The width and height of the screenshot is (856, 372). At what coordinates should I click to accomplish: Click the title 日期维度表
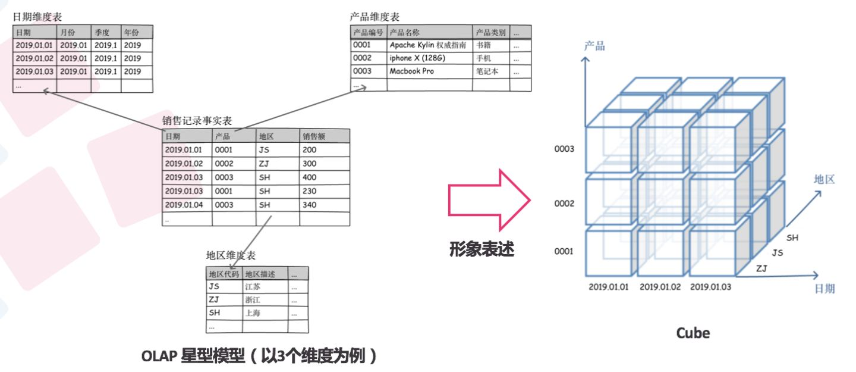pyautogui.click(x=37, y=18)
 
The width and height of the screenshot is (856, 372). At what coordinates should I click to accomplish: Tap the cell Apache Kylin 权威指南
pyautogui.click(x=427, y=45)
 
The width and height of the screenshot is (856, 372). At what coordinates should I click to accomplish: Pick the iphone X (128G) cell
pyautogui.click(x=417, y=58)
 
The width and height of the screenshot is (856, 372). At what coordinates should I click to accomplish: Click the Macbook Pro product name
pyautogui.click(x=411, y=71)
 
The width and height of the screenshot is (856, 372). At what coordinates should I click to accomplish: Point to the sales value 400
pyautogui.click(x=309, y=177)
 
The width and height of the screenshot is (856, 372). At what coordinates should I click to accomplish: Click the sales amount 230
pyautogui.click(x=309, y=191)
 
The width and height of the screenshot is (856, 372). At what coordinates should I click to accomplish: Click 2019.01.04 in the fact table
pyautogui.click(x=184, y=205)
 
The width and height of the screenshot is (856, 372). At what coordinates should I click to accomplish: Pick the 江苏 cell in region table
pyautogui.click(x=253, y=287)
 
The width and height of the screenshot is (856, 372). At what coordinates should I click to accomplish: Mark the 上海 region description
pyautogui.click(x=253, y=313)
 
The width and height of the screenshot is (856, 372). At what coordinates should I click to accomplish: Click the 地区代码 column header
pyautogui.click(x=224, y=274)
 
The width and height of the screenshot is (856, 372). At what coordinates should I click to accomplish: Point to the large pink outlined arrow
pyautogui.click(x=487, y=199)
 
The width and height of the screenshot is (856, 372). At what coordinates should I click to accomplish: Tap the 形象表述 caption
pyautogui.click(x=481, y=249)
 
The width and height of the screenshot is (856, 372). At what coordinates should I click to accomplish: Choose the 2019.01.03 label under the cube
pyautogui.click(x=710, y=287)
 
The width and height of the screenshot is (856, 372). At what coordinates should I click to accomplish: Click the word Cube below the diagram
pyautogui.click(x=693, y=333)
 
